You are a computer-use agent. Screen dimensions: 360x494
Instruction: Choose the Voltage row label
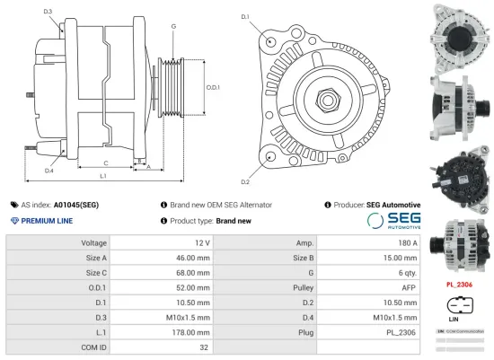[93, 243]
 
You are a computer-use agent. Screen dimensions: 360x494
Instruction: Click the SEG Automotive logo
[393, 221]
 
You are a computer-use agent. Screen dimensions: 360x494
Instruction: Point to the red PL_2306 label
[459, 285]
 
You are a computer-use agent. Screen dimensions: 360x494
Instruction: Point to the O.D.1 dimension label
[213, 87]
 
